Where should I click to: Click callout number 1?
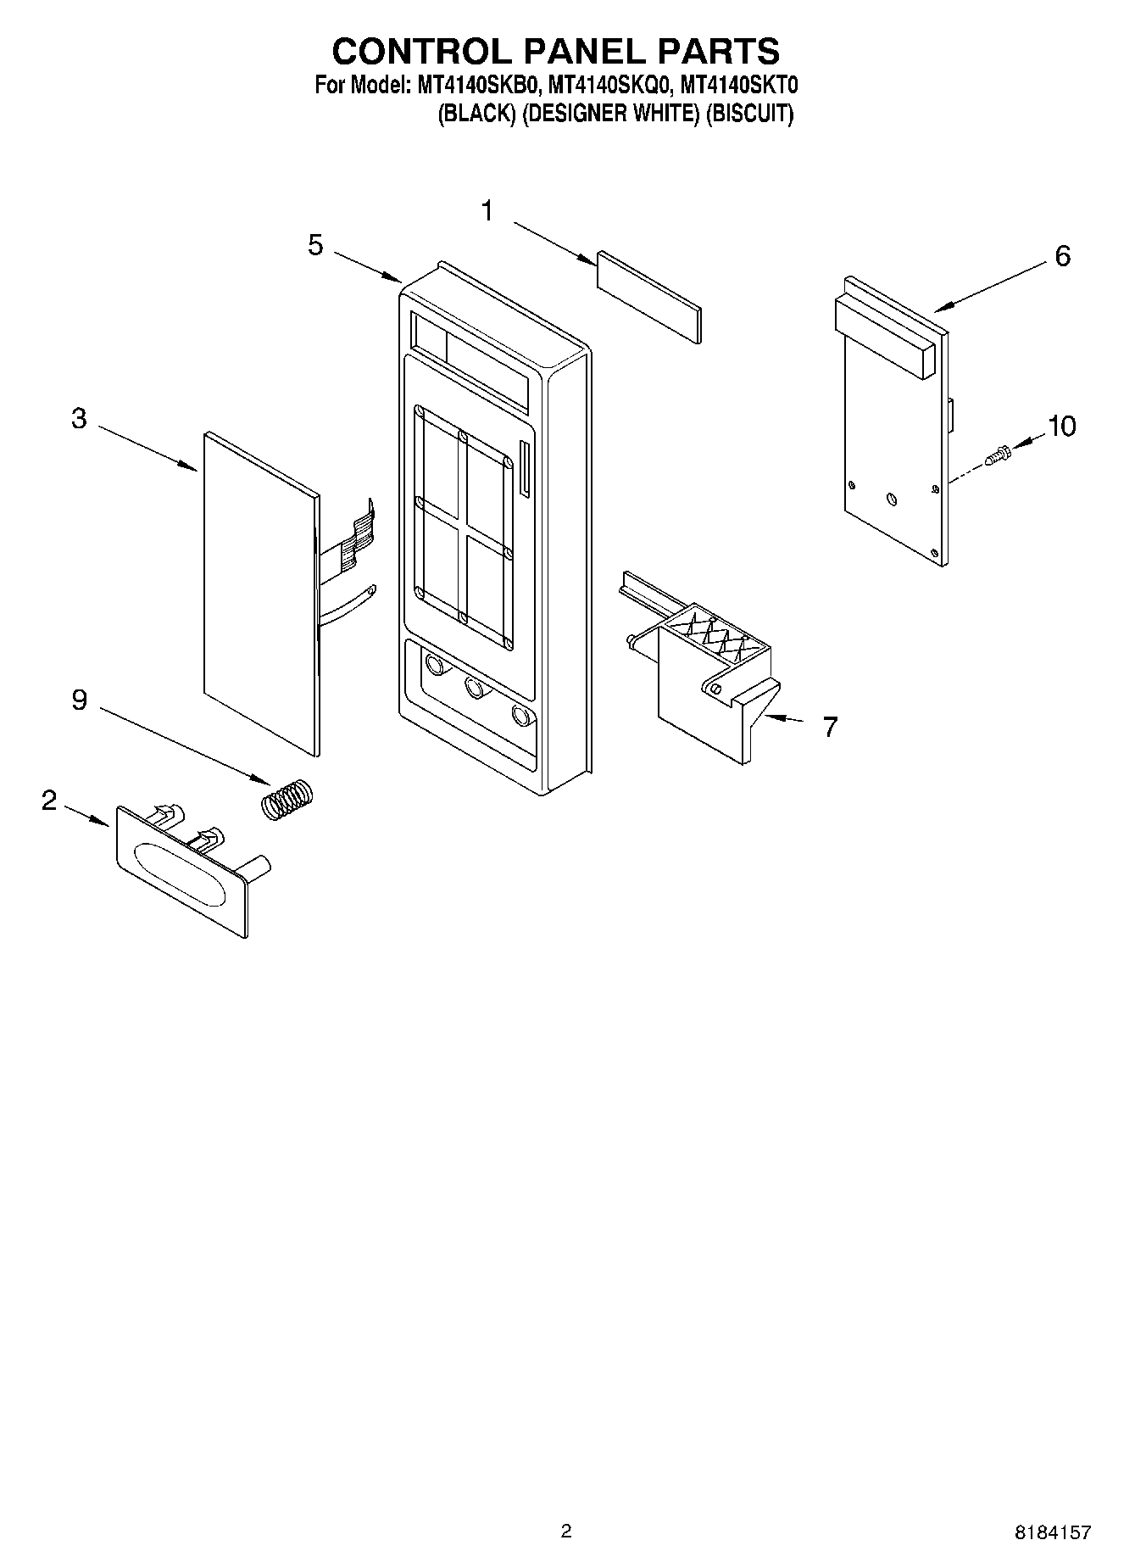487,210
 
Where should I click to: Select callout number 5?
315,245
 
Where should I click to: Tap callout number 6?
1062,255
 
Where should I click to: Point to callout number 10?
1061,426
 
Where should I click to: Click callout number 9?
79,700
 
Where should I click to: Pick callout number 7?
830,726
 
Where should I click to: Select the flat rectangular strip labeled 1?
649,296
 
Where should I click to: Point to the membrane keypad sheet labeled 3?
259,594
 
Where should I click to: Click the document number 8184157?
1052,1532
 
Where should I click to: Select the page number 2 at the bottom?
566,1531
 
